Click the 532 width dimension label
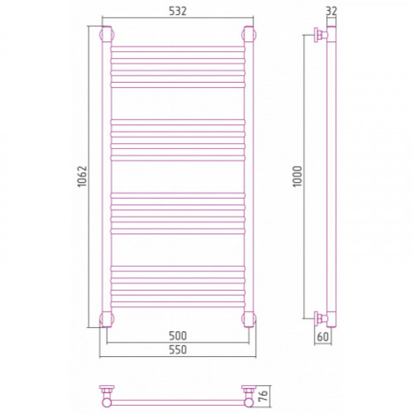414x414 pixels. (x=178, y=11)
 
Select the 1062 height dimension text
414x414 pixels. (x=82, y=176)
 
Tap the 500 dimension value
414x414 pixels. (x=178, y=335)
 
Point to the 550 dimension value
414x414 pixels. (x=178, y=349)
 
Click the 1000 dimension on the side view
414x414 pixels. (x=297, y=176)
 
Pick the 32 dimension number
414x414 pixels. (x=331, y=11)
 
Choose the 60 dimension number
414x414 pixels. (x=323, y=337)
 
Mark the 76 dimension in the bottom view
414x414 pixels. (x=264, y=397)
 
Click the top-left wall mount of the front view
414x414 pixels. (x=107, y=35)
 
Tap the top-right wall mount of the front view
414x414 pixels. (x=249, y=35)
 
